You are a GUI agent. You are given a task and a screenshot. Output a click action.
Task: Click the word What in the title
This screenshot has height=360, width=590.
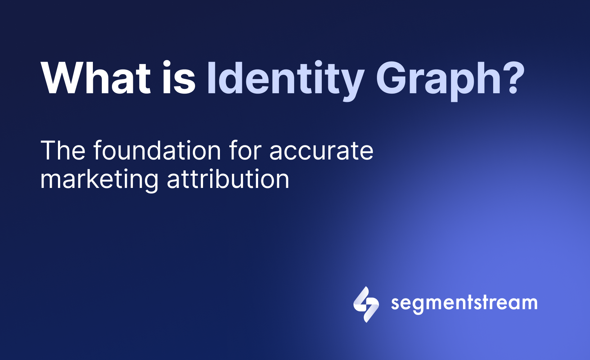[x=95, y=78]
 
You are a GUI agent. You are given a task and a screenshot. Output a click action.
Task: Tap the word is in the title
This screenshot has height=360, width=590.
[x=179, y=78]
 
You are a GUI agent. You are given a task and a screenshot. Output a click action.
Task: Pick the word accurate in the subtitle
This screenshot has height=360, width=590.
[x=321, y=151]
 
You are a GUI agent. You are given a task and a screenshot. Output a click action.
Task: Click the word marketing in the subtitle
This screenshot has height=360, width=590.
[x=99, y=180]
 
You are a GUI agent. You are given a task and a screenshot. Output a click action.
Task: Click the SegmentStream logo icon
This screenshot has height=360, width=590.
[x=366, y=304]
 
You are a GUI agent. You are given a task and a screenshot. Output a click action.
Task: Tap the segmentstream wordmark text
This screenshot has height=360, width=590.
[x=464, y=303]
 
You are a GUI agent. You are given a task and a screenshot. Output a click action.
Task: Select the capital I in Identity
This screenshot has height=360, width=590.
[x=211, y=78]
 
